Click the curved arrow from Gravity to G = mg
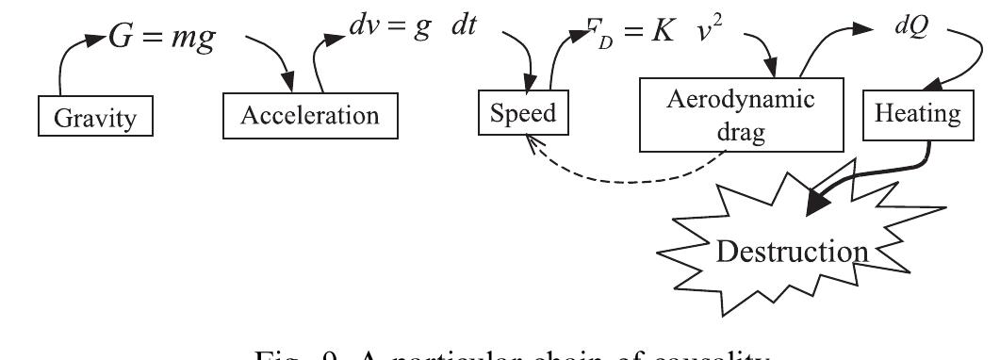(x=66, y=61)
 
